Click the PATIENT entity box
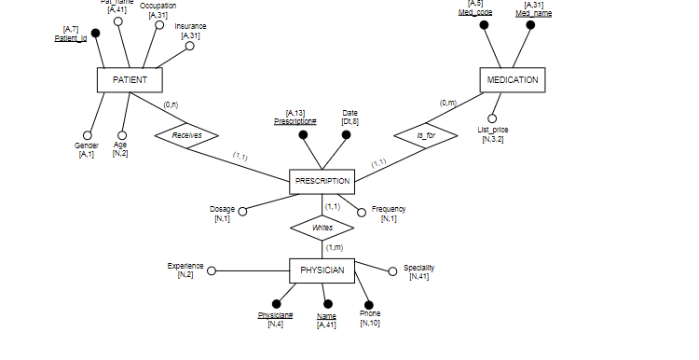(130, 80)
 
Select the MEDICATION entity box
(512, 80)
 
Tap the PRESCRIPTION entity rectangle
(322, 181)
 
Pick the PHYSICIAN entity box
(322, 270)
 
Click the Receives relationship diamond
(186, 135)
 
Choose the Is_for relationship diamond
(426, 135)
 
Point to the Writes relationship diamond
(322, 227)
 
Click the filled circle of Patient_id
(95, 34)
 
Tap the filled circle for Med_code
(484, 25)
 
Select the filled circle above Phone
(368, 304)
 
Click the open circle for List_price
(492, 118)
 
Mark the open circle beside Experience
(212, 271)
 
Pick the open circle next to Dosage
(242, 212)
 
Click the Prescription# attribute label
(295, 121)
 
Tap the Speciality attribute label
(418, 268)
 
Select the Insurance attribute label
(190, 26)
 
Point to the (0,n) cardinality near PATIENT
(171, 104)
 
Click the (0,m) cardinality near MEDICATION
(447, 103)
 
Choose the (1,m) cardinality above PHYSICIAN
(335, 247)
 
